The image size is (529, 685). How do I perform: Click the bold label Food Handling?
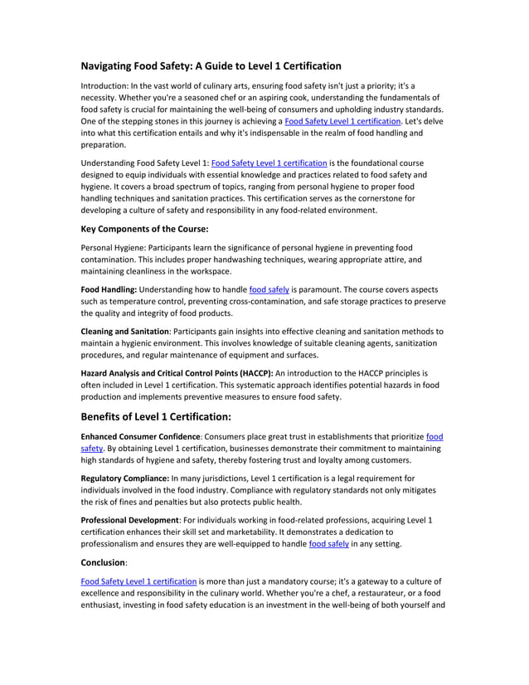coord(109,289)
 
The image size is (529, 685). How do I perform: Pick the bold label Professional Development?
coord(127,519)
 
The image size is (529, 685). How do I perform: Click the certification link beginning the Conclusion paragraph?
coord(138,581)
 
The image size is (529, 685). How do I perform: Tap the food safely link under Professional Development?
coord(328,544)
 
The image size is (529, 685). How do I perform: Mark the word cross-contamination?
coord(267,302)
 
